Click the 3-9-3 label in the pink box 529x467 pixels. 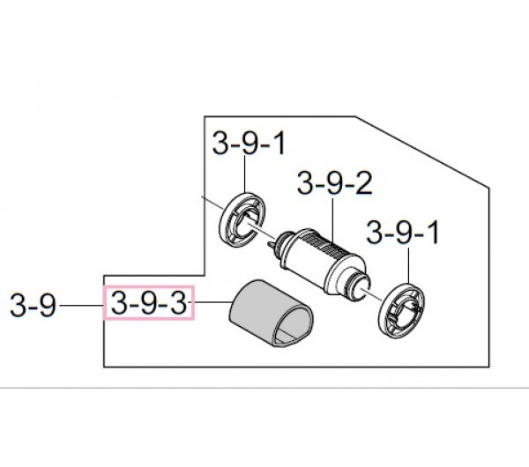(148, 303)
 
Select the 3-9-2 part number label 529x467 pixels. (335, 183)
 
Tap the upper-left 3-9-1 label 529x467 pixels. (249, 144)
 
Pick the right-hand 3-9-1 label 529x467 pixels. (403, 232)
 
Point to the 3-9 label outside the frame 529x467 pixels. (33, 305)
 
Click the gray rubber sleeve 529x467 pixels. (272, 313)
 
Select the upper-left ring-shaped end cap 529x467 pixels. (242, 220)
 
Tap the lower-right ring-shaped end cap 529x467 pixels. (401, 311)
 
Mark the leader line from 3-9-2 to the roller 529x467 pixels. (333, 220)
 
